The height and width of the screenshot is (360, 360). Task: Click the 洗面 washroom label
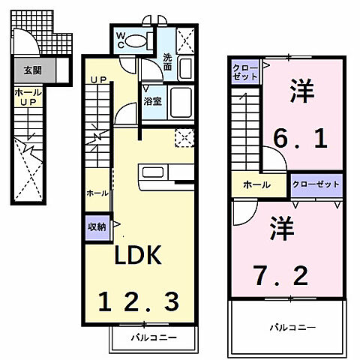(x=167, y=62)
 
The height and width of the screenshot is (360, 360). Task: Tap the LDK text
(x=138, y=256)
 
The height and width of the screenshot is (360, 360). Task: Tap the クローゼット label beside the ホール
(x=316, y=184)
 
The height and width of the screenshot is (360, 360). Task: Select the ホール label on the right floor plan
(x=256, y=184)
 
